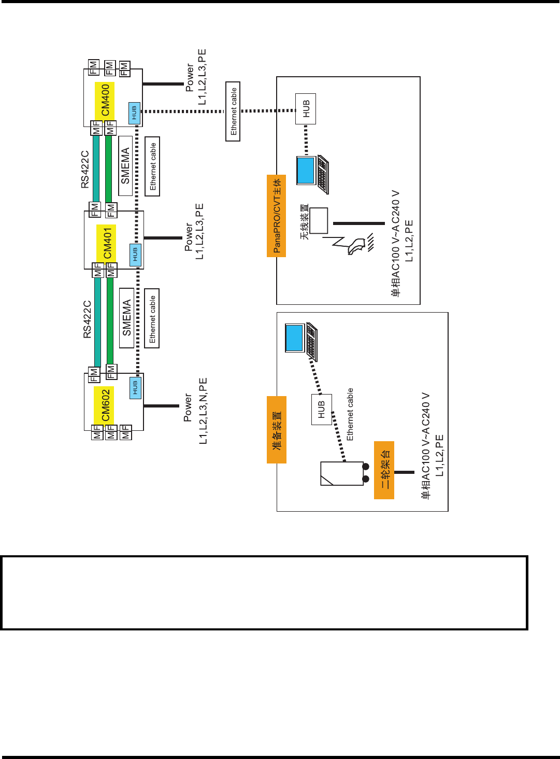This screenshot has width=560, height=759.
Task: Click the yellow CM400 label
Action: (105, 100)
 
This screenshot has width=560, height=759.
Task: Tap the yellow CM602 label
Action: (105, 405)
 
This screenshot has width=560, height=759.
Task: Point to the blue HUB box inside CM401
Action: (135, 254)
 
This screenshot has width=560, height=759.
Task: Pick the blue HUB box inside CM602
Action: (135, 387)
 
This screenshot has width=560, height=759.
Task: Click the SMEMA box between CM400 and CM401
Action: (125, 166)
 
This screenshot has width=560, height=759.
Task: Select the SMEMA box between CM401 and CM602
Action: (126, 318)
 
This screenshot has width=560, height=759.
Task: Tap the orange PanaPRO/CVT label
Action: (277, 216)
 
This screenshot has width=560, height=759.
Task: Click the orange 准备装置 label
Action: (277, 430)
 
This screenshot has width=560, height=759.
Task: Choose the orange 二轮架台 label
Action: (384, 470)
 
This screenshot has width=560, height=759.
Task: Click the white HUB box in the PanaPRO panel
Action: (306, 109)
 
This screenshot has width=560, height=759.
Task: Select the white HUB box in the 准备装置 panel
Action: (321, 410)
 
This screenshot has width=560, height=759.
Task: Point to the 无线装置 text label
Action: (305, 221)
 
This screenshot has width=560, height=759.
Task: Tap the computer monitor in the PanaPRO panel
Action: (306, 170)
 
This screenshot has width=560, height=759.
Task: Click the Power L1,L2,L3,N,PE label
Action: (195, 411)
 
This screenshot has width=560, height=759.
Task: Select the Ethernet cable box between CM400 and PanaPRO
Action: (233, 111)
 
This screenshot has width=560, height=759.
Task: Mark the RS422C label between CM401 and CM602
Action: (87, 319)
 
